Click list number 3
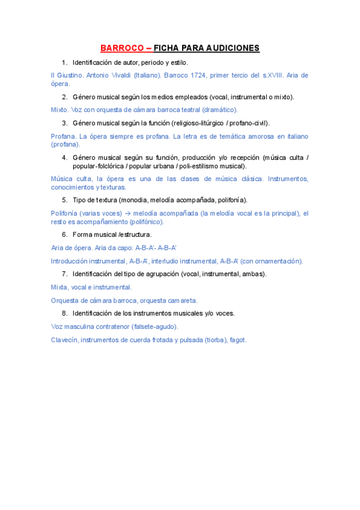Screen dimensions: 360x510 (64, 123)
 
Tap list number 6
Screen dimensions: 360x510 (64, 234)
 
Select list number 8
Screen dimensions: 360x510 (64, 313)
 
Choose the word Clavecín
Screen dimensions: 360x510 (64, 340)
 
